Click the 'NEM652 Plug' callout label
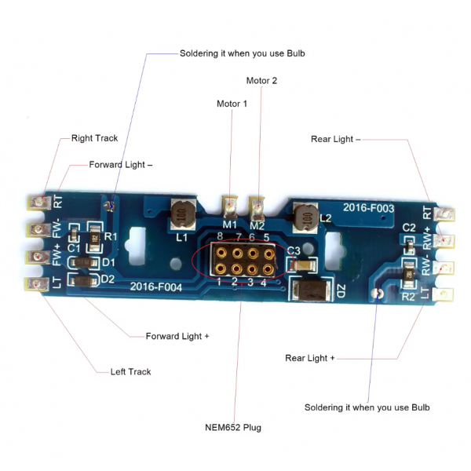point(233,427)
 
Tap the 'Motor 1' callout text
point(232,104)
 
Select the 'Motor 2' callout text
point(261,81)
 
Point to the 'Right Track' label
point(94,138)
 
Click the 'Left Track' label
point(130,371)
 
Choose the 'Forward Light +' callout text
point(177,336)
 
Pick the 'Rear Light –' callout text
point(335,139)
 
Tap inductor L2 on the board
point(306,217)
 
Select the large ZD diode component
point(311,289)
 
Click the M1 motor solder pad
point(230,207)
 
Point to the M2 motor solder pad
point(257,208)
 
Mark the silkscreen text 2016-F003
point(368,208)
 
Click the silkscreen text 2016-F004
point(156,287)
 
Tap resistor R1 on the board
point(95,238)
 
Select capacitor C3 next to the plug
point(305,265)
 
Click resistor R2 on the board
point(409,274)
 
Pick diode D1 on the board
point(83,263)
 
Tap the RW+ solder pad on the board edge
point(444,241)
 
